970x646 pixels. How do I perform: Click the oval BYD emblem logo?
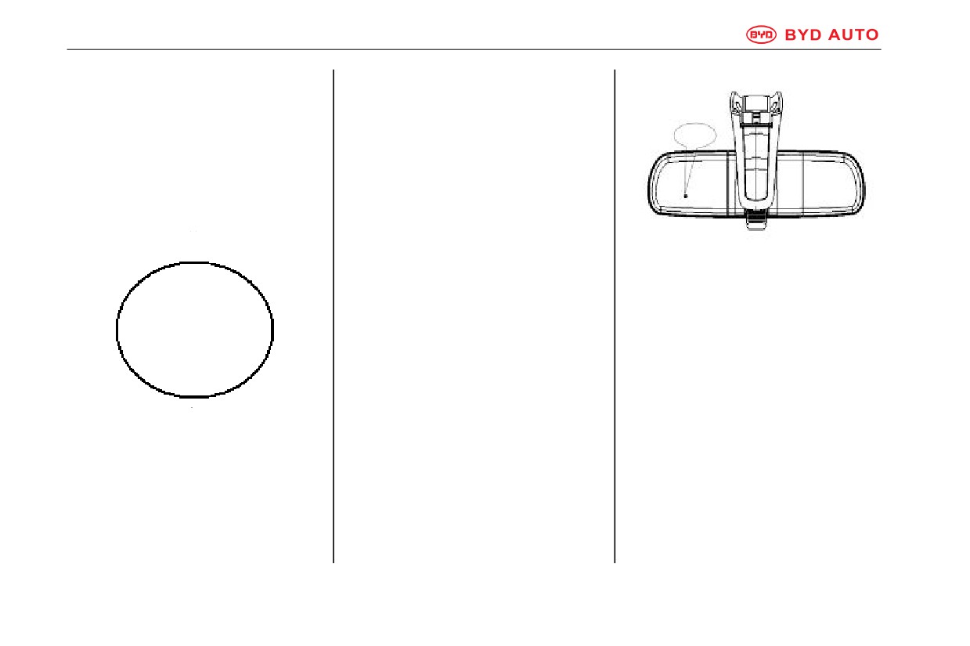tap(761, 34)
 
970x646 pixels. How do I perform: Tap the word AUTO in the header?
tap(853, 34)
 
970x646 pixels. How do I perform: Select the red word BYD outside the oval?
tap(803, 34)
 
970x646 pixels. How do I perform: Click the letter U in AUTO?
tap(847, 34)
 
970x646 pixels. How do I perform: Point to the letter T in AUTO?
tap(860, 34)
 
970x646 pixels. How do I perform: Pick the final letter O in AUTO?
tap(872, 34)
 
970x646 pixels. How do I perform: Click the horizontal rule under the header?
tap(474, 49)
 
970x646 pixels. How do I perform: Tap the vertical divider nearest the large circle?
tap(334, 316)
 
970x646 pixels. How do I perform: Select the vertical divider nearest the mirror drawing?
tap(615, 316)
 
